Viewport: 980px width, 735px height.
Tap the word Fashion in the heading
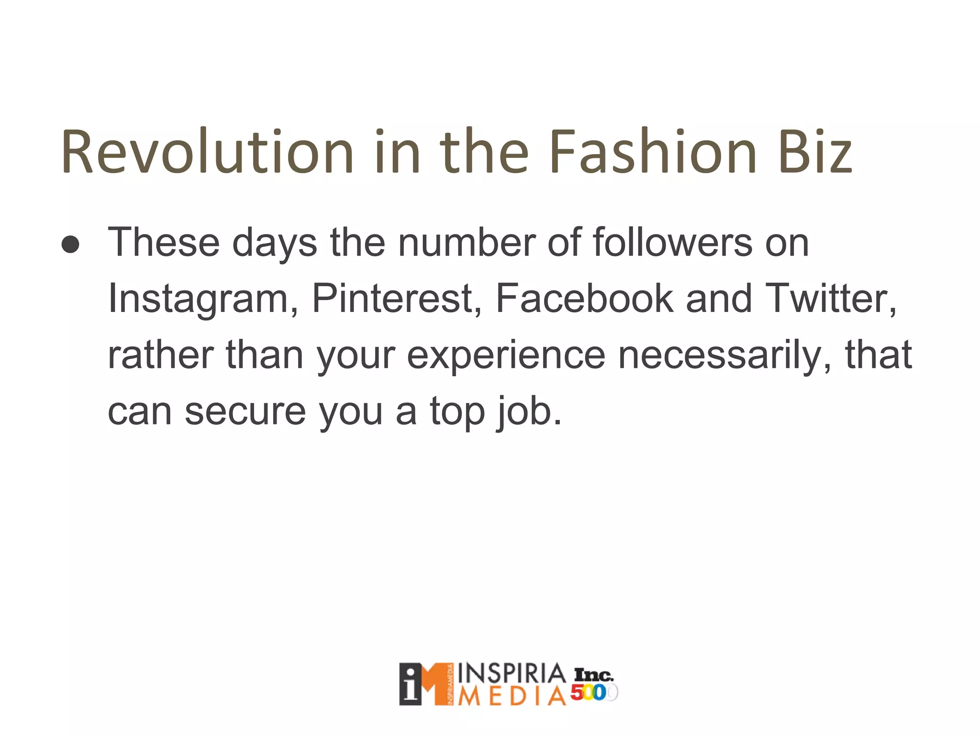coord(653,152)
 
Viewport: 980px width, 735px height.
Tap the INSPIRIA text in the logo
coord(512,674)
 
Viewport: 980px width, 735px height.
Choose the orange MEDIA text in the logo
coord(512,697)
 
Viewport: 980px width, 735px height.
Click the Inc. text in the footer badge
coord(593,675)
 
